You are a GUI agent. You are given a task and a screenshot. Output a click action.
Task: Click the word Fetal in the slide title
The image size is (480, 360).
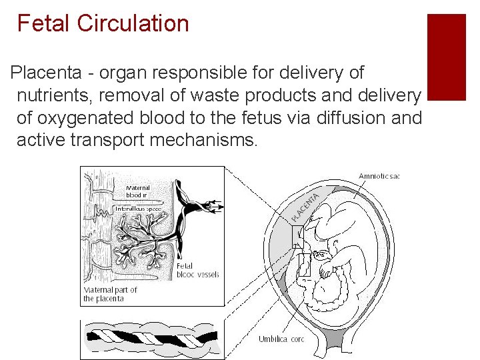(x=43, y=23)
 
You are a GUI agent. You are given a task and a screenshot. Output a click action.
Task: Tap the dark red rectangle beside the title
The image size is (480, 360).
(x=446, y=57)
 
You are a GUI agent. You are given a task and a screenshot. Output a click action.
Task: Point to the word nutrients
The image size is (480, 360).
(x=54, y=95)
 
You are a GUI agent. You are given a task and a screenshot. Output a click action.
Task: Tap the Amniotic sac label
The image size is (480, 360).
(x=379, y=177)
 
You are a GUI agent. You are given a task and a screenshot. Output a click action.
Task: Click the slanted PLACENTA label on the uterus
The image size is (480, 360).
(x=307, y=203)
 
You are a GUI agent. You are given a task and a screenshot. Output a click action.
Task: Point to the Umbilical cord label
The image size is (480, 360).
(x=281, y=339)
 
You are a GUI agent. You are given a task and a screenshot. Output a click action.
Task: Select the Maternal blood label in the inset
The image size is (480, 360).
(x=138, y=192)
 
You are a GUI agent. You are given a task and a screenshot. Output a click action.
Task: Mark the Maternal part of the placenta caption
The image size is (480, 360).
(x=111, y=294)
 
